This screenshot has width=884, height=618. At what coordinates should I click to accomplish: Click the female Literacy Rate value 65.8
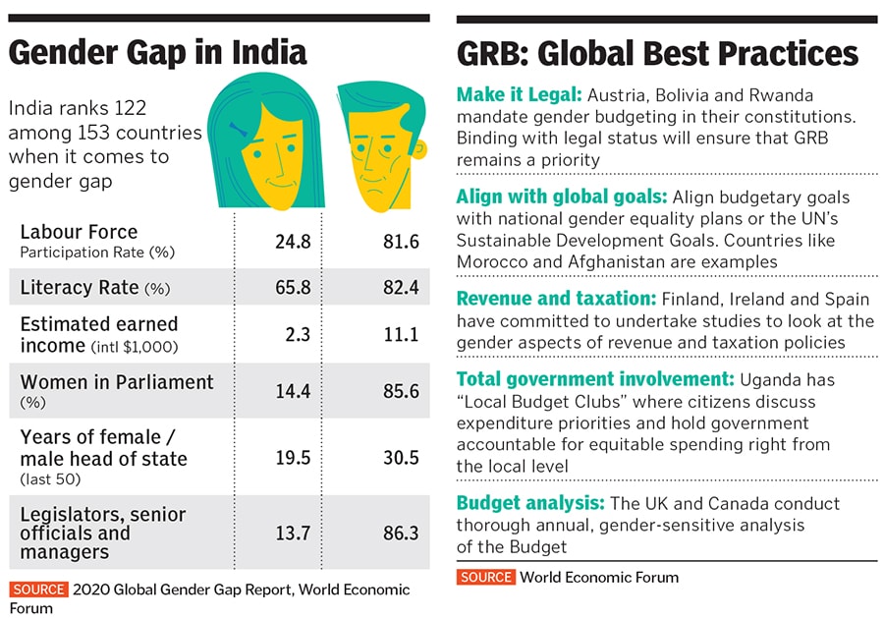(292, 288)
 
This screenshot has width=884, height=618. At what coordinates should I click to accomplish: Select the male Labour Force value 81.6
(401, 241)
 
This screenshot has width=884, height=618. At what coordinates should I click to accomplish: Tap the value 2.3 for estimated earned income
(298, 335)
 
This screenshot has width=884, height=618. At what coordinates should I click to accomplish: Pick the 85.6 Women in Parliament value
(401, 391)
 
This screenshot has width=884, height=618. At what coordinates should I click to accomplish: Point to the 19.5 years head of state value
(292, 458)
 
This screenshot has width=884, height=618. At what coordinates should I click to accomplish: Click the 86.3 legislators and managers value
(401, 534)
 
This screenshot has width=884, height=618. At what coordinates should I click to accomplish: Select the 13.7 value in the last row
(292, 534)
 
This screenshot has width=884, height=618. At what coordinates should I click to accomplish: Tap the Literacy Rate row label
(80, 288)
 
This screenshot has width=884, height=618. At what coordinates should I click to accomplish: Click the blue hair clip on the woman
(239, 128)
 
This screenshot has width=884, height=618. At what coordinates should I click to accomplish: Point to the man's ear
(420, 151)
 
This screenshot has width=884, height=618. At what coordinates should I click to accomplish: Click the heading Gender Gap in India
(157, 51)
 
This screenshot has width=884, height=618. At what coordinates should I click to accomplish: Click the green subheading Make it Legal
(519, 95)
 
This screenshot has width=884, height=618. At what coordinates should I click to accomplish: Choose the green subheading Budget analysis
(530, 503)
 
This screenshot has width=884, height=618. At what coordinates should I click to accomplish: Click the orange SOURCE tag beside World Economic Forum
(485, 577)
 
